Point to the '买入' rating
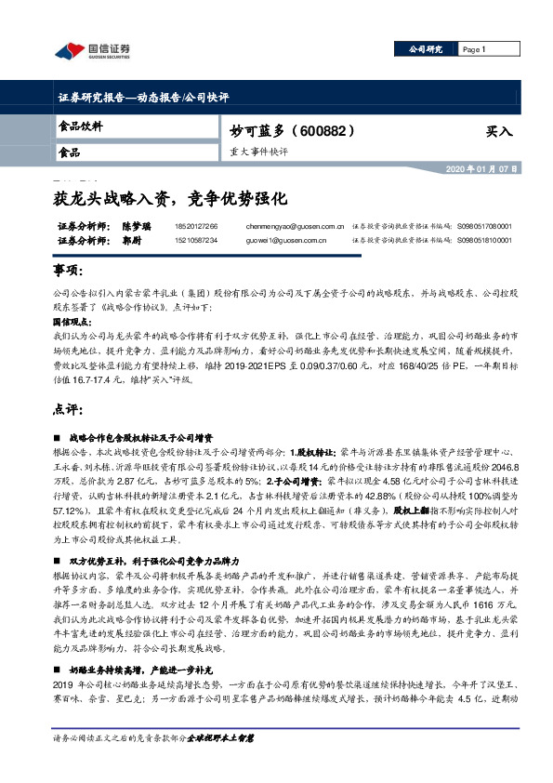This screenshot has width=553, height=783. (499, 132)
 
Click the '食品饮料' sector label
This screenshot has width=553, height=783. (81, 126)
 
